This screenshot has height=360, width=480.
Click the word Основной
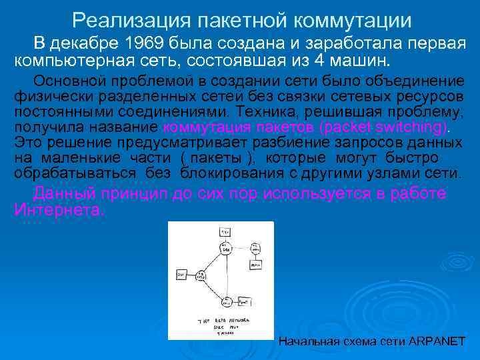[x=66, y=81]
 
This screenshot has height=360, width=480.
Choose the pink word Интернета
[x=59, y=209]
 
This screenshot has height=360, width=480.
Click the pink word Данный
[x=64, y=193]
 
